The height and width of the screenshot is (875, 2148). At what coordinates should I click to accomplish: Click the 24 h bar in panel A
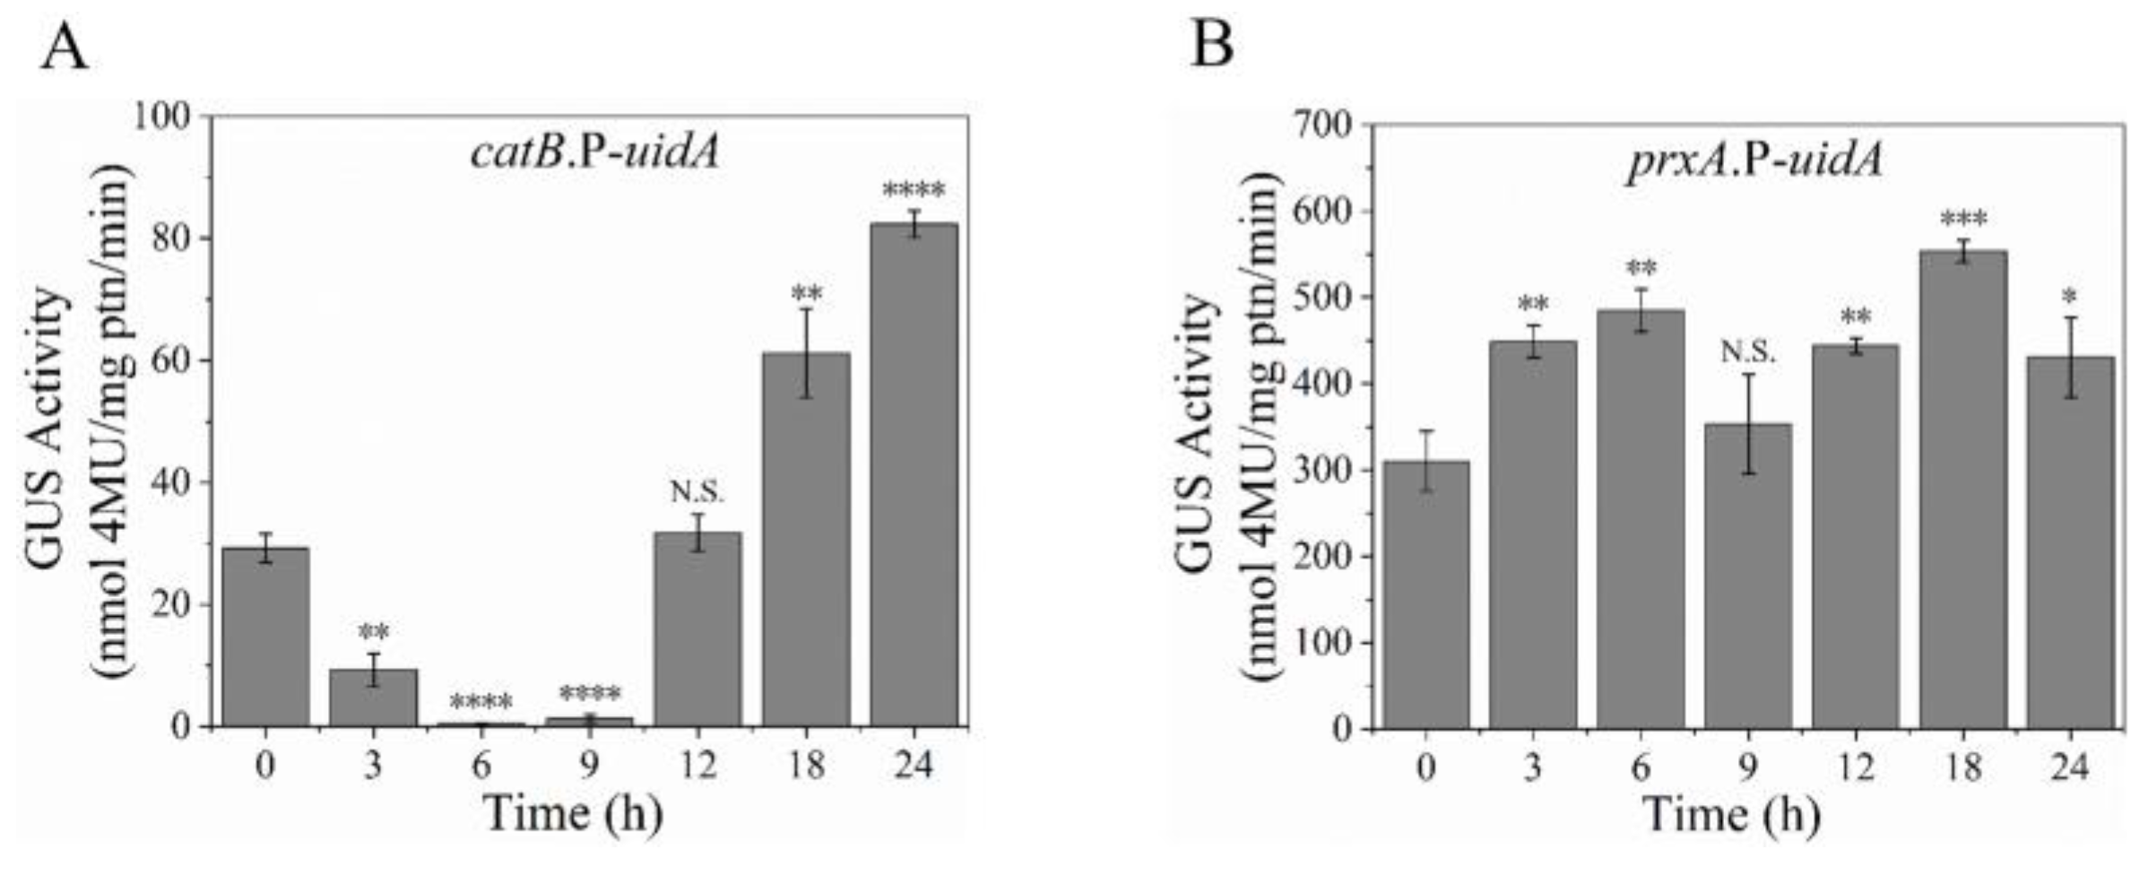(914, 475)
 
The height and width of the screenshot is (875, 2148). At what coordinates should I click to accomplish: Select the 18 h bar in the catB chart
(805, 538)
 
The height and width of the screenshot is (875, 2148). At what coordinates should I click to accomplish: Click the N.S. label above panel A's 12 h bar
(697, 492)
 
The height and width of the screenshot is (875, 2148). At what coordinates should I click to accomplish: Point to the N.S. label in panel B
(1748, 352)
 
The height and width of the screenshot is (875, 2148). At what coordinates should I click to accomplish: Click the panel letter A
(65, 47)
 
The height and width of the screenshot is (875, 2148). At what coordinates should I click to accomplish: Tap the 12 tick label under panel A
(697, 765)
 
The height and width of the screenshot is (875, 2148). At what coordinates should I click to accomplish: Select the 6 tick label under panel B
(1641, 768)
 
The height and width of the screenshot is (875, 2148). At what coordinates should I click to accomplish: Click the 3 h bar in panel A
(373, 697)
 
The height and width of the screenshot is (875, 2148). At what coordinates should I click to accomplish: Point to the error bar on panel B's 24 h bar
(2070, 357)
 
